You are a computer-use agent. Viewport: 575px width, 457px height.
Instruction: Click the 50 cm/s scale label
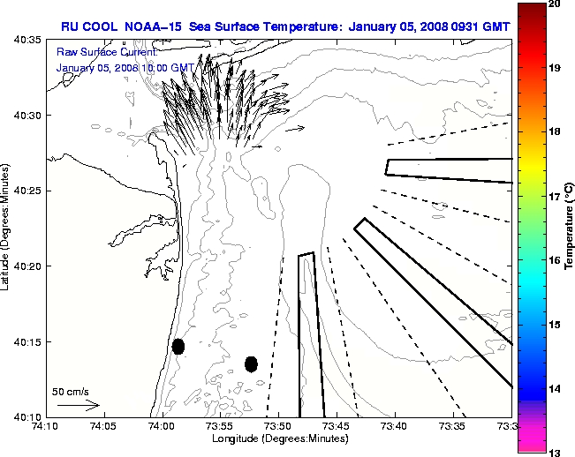click(70, 391)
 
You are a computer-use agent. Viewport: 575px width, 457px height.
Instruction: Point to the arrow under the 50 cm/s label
click(79, 406)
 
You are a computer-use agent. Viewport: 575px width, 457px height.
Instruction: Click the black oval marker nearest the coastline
click(178, 346)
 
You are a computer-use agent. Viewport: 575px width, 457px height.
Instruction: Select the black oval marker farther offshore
click(251, 363)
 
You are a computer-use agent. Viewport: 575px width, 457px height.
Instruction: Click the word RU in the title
click(70, 26)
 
